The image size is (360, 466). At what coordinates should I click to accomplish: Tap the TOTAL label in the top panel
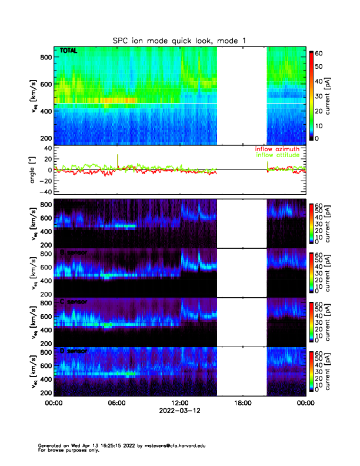(69, 52)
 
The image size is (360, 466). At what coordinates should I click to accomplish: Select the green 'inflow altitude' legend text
(279, 155)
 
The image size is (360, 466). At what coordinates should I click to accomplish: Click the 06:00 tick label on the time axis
(116, 403)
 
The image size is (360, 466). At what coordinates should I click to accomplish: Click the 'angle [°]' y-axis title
(34, 170)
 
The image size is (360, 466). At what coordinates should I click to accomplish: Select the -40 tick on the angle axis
(44, 192)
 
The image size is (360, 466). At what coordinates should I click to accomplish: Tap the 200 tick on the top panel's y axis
(44, 138)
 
